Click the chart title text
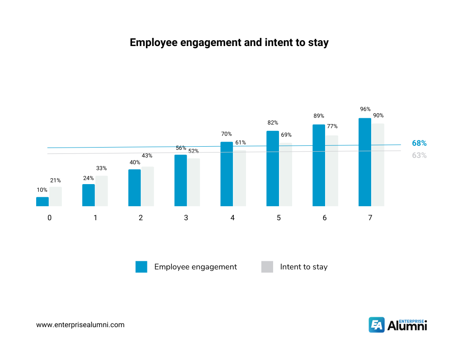pos(229,42)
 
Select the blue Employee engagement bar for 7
pos(364,162)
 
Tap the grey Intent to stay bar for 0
pos(56,197)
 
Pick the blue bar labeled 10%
pos(43,202)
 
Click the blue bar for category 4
pos(227,174)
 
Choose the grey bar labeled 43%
pos(147,186)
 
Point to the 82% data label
pos(273,123)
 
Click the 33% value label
pos(101,168)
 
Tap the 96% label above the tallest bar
pos(365,109)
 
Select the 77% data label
pos(332,126)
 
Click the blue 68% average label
pos(419,143)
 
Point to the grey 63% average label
pos(419,156)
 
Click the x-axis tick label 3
pos(186,218)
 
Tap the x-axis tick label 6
pos(325,218)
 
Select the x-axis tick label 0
pos(49,218)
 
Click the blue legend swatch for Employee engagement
pos(141,267)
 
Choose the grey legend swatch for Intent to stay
pos(267,267)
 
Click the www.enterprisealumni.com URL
pos(80,324)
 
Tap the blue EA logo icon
pos(377,324)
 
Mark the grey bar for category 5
pos(285,175)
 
